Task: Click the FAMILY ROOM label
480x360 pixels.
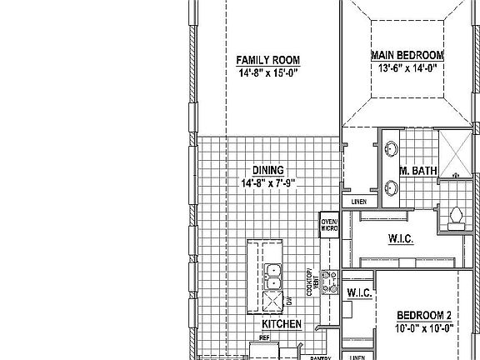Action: [267, 60]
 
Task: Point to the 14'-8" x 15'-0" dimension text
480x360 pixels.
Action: [267, 72]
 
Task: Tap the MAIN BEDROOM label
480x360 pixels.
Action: [407, 55]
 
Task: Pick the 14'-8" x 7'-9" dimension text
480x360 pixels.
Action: [268, 182]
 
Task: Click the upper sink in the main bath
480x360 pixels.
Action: [392, 150]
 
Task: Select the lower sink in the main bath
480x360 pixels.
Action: [392, 186]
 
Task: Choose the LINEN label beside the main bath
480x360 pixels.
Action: [359, 202]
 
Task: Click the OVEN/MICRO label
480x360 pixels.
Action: [329, 225]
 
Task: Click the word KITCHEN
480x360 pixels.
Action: [281, 323]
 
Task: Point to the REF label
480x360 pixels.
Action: [264, 338]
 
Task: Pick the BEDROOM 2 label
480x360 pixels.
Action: [424, 315]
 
